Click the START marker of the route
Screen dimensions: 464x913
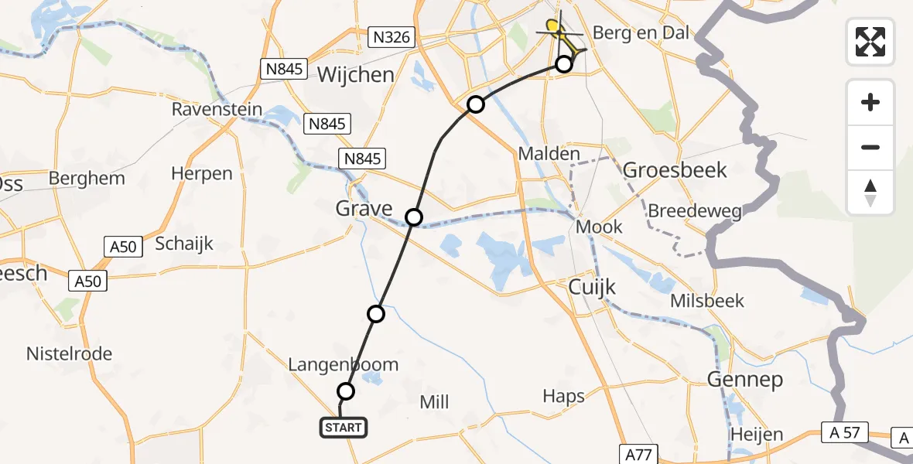tap(344, 427)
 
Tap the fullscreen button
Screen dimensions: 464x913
tap(870, 41)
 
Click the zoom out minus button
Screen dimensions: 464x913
tap(870, 147)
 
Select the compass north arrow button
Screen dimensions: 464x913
tap(870, 193)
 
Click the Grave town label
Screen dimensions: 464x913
tap(364, 208)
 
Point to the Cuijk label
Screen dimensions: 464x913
tap(592, 287)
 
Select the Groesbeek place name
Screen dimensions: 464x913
tap(675, 169)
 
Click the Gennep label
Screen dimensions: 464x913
tap(744, 380)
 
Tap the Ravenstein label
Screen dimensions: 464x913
tap(217, 110)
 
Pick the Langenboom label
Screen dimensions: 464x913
tap(343, 364)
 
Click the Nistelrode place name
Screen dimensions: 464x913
tap(69, 354)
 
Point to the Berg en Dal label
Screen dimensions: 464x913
tap(641, 32)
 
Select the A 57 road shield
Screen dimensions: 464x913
tap(845, 433)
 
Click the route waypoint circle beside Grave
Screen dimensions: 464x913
tap(414, 217)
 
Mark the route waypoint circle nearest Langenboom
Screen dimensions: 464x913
tap(346, 391)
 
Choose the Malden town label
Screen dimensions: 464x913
tap(549, 153)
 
